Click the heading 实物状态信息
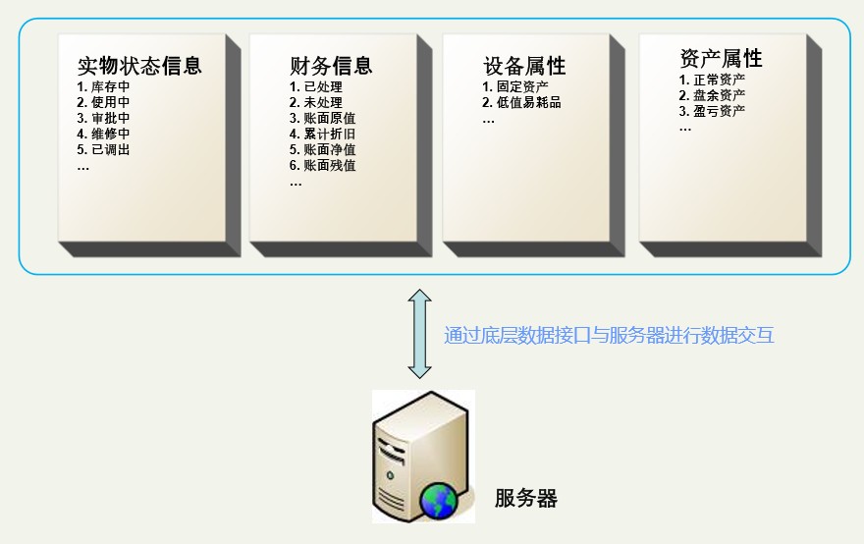click(x=139, y=66)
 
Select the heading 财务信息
click(x=331, y=66)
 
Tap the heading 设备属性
click(x=524, y=66)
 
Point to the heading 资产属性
click(x=721, y=58)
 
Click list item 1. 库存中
click(x=104, y=86)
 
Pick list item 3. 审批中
click(x=104, y=118)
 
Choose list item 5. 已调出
click(x=104, y=149)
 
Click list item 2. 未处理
click(x=316, y=102)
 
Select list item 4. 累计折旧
click(x=322, y=134)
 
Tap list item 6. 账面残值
click(x=322, y=165)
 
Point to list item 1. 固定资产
click(x=515, y=86)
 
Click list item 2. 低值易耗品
click(x=521, y=102)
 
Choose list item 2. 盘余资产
click(x=712, y=95)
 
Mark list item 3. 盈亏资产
click(x=712, y=111)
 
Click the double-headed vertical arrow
click(x=419, y=334)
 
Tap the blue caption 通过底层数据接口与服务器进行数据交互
click(x=609, y=335)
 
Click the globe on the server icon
click(x=439, y=501)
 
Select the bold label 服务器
click(x=525, y=498)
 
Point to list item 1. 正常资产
click(x=712, y=80)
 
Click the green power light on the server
click(x=390, y=475)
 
